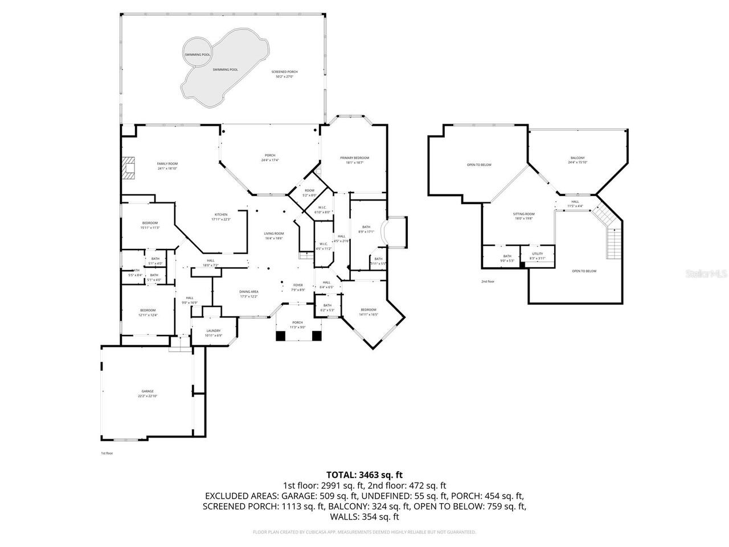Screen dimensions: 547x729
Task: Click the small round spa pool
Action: [x=197, y=54]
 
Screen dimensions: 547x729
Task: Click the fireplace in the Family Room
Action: [x=130, y=168]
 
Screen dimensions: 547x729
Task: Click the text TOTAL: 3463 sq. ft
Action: [x=364, y=474]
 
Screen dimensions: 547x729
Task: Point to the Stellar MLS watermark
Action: [x=706, y=273]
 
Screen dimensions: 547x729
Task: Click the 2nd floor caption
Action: [x=488, y=281]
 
